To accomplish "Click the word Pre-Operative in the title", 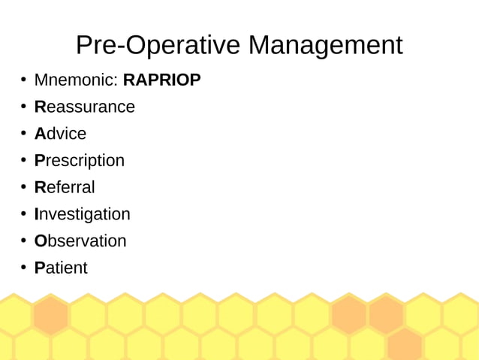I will click(158, 45).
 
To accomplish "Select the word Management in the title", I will click(325, 45).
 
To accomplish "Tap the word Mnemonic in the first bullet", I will click(76, 80).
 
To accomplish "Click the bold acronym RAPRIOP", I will click(162, 80).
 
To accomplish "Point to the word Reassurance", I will click(85, 107).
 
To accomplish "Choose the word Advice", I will click(60, 134).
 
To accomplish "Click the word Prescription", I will click(80, 160).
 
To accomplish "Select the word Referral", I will click(65, 187).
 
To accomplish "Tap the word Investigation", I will click(83, 214).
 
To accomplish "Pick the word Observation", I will click(80, 241).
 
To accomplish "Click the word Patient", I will click(61, 268).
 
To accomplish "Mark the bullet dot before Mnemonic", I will click(23, 80).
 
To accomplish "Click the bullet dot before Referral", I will click(23, 187).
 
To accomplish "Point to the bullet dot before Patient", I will click(23, 268).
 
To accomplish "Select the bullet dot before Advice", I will click(23, 134).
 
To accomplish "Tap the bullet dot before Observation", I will click(23, 241).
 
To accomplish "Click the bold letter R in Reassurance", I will click(41, 107).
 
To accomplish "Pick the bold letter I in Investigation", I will click(37, 214).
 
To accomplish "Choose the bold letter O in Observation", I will click(41, 241).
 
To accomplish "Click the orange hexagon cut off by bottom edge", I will click(405, 347).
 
